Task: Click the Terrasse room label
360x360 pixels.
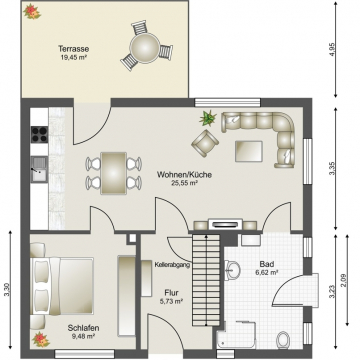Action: (x=74, y=49)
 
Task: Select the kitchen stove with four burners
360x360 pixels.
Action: (x=39, y=134)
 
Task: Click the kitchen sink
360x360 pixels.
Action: (x=39, y=169)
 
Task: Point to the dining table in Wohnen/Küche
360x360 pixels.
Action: (x=114, y=173)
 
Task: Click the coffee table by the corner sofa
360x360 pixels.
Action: (x=249, y=151)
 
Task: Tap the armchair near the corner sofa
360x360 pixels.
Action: (x=205, y=143)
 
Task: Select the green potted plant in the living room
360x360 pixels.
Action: (x=208, y=118)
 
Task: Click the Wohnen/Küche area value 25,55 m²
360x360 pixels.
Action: (x=184, y=182)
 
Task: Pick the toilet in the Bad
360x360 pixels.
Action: (x=283, y=339)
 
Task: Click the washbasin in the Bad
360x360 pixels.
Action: (x=233, y=269)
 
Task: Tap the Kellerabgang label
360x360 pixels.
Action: (x=172, y=265)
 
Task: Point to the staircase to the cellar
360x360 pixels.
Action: (x=206, y=280)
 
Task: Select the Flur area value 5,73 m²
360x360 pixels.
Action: (x=171, y=301)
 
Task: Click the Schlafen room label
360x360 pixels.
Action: (x=83, y=328)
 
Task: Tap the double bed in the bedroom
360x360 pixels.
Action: (x=62, y=286)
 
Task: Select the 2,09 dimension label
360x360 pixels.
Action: (x=344, y=280)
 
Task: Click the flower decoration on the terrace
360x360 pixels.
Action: (x=32, y=11)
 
